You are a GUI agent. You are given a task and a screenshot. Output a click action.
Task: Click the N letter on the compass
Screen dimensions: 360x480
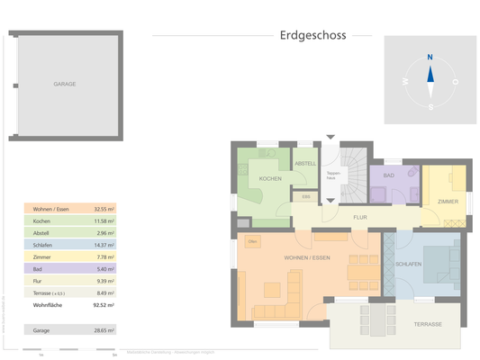coord(430,57)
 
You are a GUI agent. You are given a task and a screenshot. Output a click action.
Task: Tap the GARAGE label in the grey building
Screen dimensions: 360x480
coord(64,84)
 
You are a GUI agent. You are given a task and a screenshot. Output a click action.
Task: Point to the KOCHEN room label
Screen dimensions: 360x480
coord(270,179)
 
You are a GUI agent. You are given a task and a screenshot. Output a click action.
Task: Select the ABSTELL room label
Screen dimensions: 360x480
coord(305,163)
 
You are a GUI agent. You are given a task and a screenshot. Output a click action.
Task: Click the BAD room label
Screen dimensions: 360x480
coord(389,175)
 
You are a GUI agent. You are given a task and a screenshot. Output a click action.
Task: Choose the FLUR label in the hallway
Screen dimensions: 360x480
coord(359,218)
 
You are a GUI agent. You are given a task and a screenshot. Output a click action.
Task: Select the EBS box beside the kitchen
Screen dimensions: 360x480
coord(306,196)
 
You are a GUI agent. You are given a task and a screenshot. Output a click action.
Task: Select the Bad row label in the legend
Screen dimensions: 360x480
coord(39,269)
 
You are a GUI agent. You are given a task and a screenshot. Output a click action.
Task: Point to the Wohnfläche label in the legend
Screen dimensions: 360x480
coord(47,306)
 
